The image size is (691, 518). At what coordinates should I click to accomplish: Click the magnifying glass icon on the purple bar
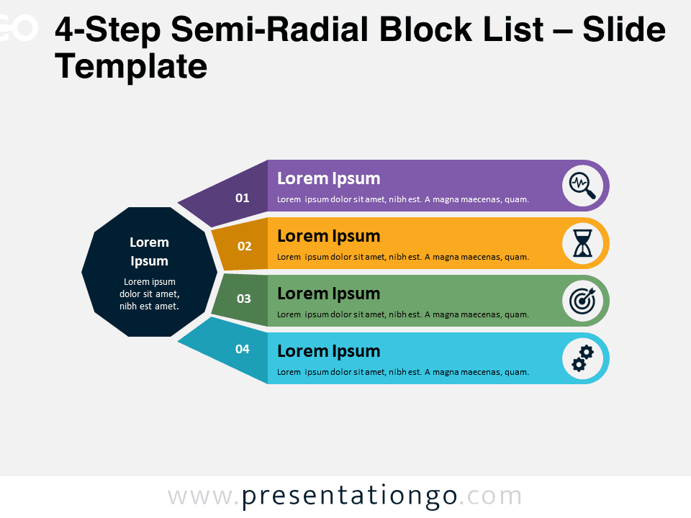[582, 186]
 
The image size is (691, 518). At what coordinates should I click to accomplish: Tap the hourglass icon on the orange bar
[582, 243]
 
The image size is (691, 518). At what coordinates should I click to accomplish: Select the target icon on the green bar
[582, 301]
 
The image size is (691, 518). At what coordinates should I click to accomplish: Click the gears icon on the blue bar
[582, 358]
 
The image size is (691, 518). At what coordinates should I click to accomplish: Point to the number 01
[243, 198]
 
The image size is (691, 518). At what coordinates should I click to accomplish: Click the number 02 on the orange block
[245, 246]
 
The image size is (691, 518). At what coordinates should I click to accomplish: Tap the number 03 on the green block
[244, 299]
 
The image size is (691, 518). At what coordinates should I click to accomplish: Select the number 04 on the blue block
[243, 349]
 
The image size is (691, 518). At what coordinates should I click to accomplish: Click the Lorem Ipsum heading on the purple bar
[329, 179]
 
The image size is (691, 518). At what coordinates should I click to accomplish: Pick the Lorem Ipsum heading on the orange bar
[329, 237]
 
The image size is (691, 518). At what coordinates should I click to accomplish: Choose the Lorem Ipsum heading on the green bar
[329, 294]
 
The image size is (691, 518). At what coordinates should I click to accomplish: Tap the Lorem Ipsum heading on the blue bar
[329, 352]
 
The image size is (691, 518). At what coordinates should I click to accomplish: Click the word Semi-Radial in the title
[269, 29]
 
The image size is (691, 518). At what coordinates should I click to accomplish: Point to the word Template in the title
[131, 67]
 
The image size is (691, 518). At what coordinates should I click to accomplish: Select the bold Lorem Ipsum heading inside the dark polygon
[150, 252]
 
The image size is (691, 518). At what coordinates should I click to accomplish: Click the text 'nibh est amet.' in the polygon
[150, 306]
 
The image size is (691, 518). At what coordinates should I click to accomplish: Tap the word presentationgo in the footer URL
[350, 496]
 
